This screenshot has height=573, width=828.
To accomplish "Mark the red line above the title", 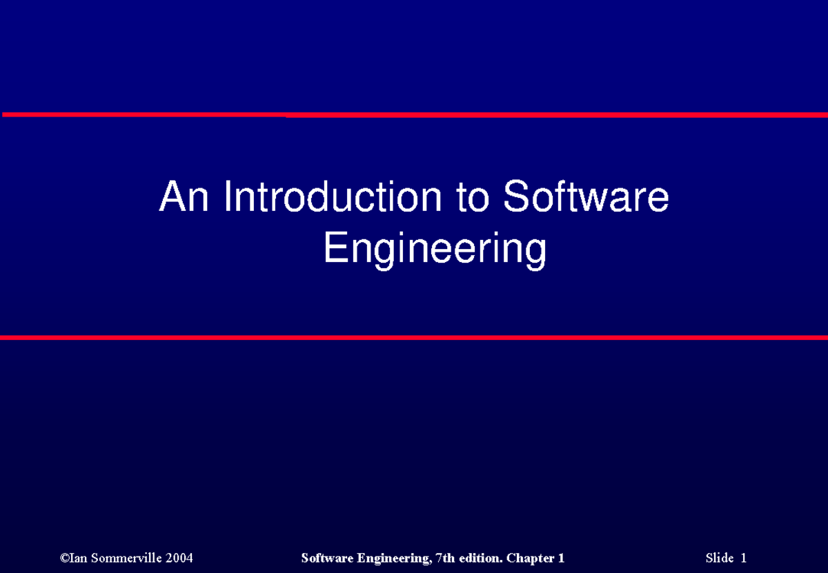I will [x=414, y=114].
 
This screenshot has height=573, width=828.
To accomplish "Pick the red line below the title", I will [x=414, y=337].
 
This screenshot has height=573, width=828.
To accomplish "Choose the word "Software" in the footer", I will [x=327, y=558].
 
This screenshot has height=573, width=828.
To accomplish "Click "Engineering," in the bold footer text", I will [x=393, y=558].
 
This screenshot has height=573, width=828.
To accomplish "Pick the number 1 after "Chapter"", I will [x=561, y=558].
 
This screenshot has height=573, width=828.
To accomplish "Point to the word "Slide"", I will [x=720, y=558].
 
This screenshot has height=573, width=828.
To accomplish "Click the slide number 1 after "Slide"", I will [x=744, y=558].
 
